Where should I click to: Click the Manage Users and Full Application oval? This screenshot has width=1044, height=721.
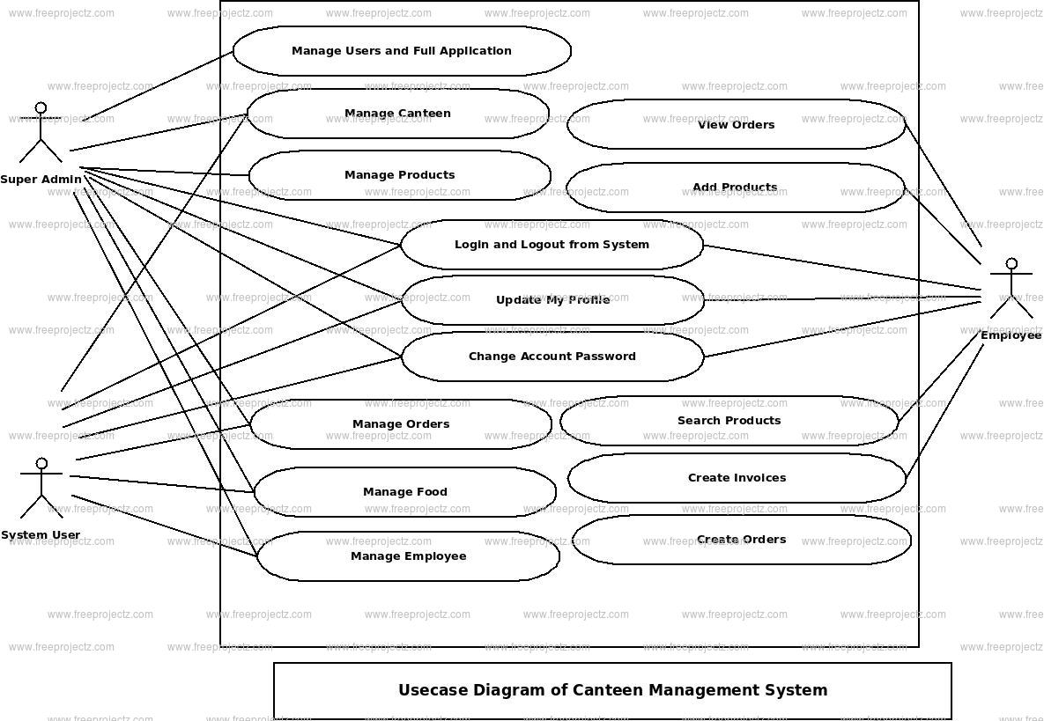tap(402, 51)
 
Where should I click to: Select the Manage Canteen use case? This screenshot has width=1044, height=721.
tap(397, 114)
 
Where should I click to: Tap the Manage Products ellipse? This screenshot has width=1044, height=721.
tap(399, 175)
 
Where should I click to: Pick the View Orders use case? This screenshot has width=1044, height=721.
tap(736, 125)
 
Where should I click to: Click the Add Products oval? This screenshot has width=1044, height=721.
tap(735, 188)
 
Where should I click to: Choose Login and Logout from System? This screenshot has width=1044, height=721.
tap(552, 245)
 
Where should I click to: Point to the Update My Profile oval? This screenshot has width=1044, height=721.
tap(552, 300)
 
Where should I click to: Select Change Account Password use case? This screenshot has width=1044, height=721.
tap(552, 357)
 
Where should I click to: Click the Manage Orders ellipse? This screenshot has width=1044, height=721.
tap(401, 424)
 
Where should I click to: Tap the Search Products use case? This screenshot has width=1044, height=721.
tap(729, 421)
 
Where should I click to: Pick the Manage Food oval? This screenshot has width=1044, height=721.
tap(404, 492)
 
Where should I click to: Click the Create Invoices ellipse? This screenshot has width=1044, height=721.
tap(737, 478)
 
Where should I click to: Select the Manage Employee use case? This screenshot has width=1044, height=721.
tap(408, 556)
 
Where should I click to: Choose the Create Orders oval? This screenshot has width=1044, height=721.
tap(741, 540)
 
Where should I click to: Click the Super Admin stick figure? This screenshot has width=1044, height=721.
tap(41, 133)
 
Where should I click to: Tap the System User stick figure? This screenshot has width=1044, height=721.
tap(41, 488)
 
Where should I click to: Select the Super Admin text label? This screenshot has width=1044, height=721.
tap(41, 180)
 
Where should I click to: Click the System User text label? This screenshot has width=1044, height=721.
tap(41, 535)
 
